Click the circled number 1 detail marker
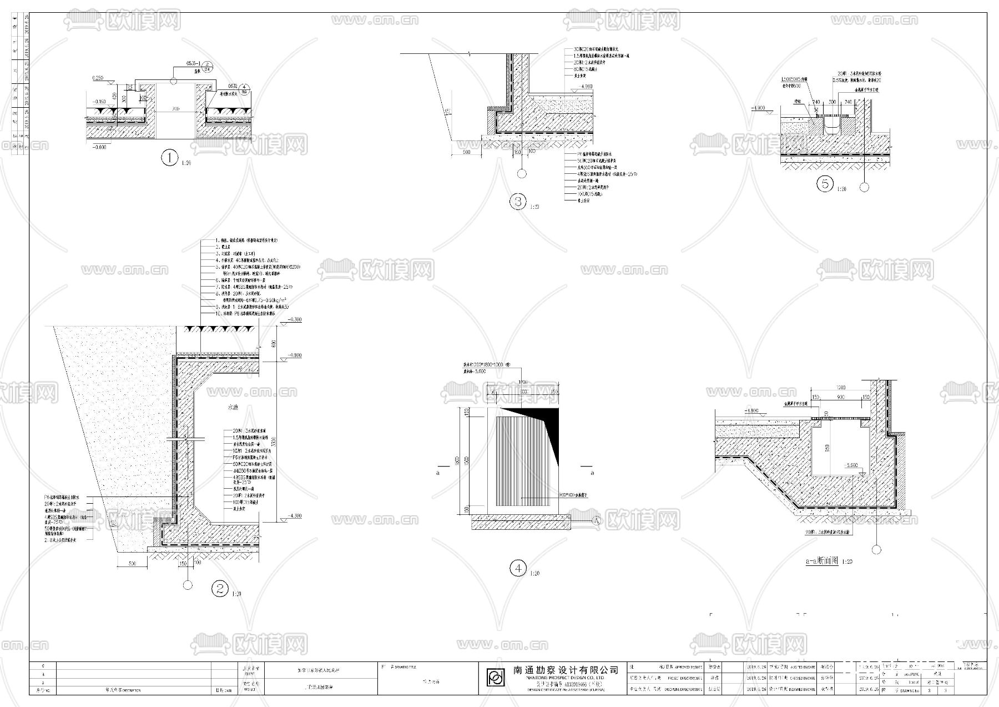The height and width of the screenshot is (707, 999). coord(169,158)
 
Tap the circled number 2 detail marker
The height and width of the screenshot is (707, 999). coord(221,589)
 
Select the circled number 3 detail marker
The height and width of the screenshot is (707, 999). coord(518,202)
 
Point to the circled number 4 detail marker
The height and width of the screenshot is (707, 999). coord(518,568)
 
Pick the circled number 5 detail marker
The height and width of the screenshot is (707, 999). coord(825,184)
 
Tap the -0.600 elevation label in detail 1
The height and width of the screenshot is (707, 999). coord(99,147)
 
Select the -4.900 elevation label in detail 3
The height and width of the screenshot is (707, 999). coord(585,87)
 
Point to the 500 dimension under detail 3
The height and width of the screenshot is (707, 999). coord(466,152)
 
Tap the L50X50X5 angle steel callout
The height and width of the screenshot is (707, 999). coord(794,80)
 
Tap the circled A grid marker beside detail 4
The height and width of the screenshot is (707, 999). coord(597,521)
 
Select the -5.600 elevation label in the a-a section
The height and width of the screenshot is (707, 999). coord(850,465)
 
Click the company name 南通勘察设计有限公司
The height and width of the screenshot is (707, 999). coord(566,670)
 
